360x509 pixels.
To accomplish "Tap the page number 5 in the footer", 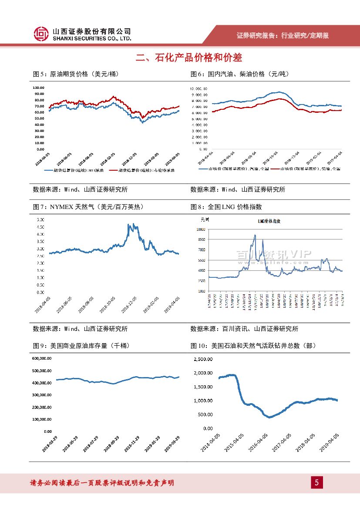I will [316, 482].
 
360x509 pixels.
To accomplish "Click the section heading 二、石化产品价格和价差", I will [188, 57].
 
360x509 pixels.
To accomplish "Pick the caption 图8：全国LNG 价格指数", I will [226, 207].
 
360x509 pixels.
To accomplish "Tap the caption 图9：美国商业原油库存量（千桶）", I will [81, 346].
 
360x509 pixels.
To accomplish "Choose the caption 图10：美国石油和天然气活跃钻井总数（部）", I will [253, 346].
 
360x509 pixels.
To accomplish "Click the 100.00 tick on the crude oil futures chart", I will [39, 88].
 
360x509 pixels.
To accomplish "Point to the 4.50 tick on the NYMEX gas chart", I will [40, 227].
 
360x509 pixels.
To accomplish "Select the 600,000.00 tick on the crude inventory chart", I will [42, 358].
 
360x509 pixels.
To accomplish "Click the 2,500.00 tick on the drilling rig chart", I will [203, 359].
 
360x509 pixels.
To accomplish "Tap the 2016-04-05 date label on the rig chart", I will [259, 443].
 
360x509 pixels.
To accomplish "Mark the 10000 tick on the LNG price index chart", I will [201, 229].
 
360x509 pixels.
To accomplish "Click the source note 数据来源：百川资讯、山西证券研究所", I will [244, 329].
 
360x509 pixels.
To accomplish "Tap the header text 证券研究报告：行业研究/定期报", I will [282, 36].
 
